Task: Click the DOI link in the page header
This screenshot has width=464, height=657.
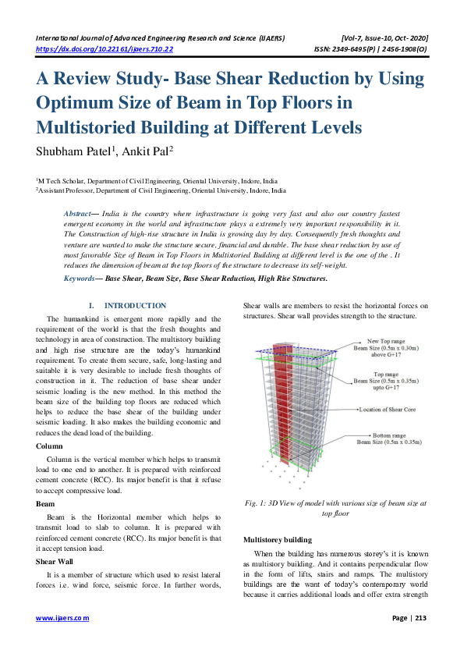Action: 104,48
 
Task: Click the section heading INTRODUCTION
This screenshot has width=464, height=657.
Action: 135,306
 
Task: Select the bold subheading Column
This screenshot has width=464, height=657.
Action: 50,446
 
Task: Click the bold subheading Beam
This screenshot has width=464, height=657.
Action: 45,505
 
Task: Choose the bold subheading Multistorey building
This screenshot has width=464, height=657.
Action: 278,539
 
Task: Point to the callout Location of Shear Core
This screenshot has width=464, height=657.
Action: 390,409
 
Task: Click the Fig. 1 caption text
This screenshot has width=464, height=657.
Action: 335,509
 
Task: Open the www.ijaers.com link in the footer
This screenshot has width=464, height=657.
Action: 63,617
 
